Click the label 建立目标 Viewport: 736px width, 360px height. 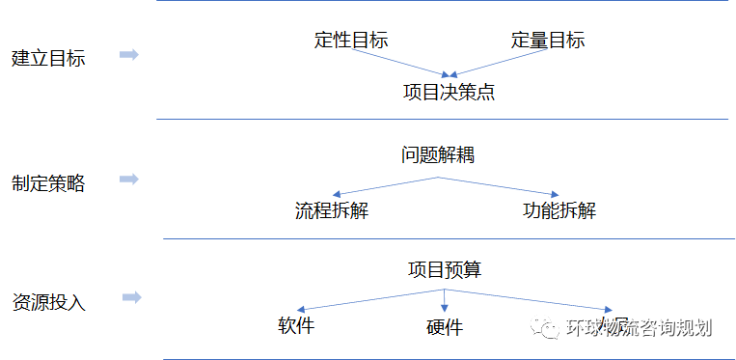(48, 58)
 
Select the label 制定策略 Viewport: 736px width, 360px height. (48, 183)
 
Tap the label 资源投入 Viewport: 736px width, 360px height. (48, 301)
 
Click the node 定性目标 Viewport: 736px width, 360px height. (351, 41)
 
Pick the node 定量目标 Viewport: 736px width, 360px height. (548, 41)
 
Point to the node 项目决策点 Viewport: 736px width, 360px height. (450, 93)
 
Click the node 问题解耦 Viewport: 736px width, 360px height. (438, 154)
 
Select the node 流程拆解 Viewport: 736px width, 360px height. (332, 210)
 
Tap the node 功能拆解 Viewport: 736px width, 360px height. (559, 210)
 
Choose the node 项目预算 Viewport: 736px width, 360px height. (445, 269)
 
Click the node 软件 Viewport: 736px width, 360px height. (296, 325)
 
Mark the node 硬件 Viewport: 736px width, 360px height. (444, 328)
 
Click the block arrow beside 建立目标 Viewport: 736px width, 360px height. (128, 55)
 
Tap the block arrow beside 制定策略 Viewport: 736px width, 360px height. (128, 180)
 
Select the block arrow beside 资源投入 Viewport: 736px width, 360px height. (132, 297)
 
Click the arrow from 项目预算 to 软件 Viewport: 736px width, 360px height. (371, 299)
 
